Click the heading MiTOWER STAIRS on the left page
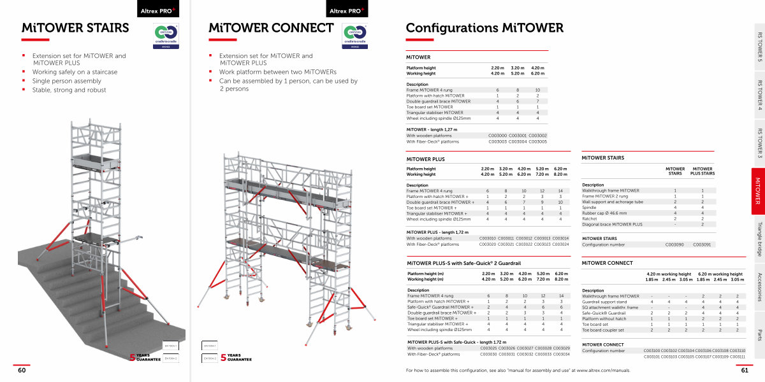coord(75,28)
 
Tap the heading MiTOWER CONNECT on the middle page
coord(271,28)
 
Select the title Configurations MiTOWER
coord(484,28)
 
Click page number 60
coord(22,370)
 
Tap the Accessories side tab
coord(759,286)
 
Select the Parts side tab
coord(759,334)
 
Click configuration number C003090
coord(674,244)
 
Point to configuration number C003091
coord(702,244)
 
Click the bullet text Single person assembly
coord(67,81)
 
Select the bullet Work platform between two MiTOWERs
coord(278,72)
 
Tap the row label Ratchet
coord(590,219)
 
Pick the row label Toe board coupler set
coord(603,330)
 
